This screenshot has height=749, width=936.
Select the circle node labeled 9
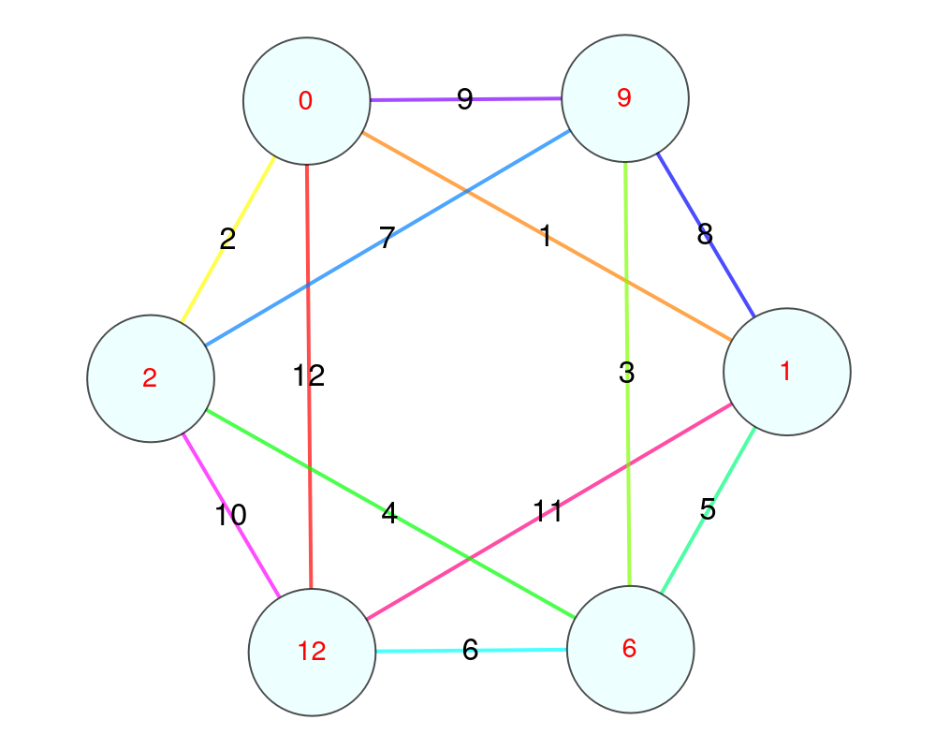(x=625, y=98)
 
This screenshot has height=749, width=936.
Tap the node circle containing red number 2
(x=151, y=378)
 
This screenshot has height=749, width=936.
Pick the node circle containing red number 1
(x=786, y=372)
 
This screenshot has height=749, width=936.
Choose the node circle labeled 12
(x=312, y=652)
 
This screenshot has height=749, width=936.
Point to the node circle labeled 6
(x=630, y=649)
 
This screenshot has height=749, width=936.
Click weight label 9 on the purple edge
(x=465, y=99)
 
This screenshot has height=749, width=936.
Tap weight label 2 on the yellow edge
(x=227, y=240)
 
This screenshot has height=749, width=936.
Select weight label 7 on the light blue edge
(x=387, y=238)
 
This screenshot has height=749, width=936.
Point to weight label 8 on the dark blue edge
(x=705, y=234)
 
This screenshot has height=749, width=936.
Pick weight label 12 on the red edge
(x=308, y=376)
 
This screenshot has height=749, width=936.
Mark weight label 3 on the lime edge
(x=627, y=374)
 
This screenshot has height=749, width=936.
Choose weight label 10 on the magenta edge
(x=230, y=515)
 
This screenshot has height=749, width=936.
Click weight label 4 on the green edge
(x=389, y=513)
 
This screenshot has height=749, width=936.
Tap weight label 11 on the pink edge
(x=548, y=511)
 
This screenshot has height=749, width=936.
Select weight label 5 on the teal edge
(x=708, y=510)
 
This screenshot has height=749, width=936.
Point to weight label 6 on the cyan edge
(x=470, y=651)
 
